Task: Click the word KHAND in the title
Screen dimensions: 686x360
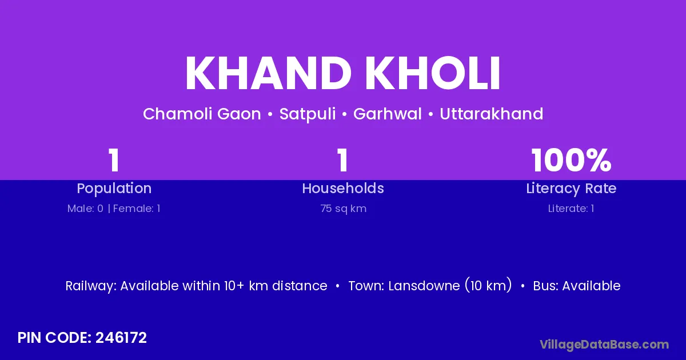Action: (x=269, y=73)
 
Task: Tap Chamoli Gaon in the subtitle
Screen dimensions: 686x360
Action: (x=202, y=114)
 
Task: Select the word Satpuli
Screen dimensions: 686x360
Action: (x=308, y=114)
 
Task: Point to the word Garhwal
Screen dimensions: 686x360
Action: (x=388, y=114)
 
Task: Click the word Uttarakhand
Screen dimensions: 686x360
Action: (x=492, y=114)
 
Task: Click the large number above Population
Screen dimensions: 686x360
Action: (x=114, y=160)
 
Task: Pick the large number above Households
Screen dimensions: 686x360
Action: (x=342, y=160)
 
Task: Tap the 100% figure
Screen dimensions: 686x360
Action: (x=571, y=160)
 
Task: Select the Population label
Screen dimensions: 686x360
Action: (x=114, y=189)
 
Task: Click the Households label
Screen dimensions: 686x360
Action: (x=343, y=188)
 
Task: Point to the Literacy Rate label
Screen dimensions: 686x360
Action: (x=571, y=189)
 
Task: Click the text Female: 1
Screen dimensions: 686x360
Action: (x=137, y=209)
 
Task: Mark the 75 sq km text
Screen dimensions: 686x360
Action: (x=344, y=209)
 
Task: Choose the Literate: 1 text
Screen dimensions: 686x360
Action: (x=571, y=209)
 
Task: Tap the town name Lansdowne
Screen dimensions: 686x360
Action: (x=424, y=286)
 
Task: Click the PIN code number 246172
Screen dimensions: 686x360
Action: (x=121, y=338)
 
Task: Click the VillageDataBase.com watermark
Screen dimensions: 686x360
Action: (x=604, y=345)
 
